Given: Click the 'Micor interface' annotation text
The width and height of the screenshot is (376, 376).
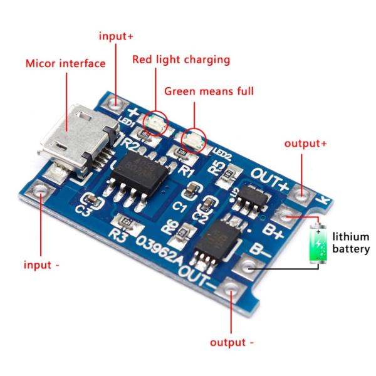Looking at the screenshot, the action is tap(65, 63).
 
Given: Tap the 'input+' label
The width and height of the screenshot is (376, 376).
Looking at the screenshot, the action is tap(116, 36).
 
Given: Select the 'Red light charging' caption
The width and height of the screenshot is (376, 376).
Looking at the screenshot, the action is tap(181, 60).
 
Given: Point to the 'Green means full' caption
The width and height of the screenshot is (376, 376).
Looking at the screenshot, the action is tap(209, 91).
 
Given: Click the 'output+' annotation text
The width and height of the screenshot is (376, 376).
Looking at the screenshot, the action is tap(305, 143).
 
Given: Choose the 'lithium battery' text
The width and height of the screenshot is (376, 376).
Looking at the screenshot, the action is tap(351, 243).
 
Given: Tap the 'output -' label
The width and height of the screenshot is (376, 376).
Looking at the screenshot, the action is tap(232, 342).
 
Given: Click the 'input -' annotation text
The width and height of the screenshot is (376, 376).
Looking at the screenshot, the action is tap(42, 264).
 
